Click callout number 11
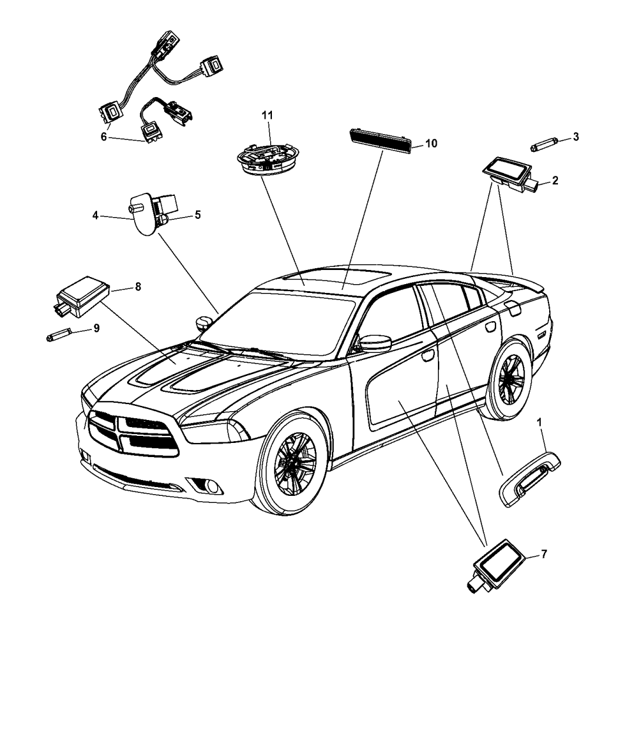click(x=267, y=116)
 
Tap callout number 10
click(x=431, y=143)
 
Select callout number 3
click(x=576, y=137)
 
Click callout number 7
click(x=544, y=554)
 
